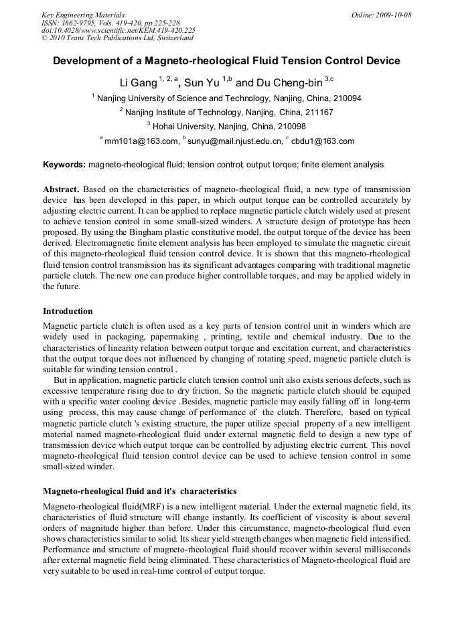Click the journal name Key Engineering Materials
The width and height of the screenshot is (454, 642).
pyautogui.click(x=83, y=15)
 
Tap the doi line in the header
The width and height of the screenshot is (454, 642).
pyautogui.click(x=118, y=30)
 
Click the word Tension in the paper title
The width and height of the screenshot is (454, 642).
pyautogui.click(x=301, y=61)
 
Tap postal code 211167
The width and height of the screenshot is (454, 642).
pyautogui.click(x=315, y=112)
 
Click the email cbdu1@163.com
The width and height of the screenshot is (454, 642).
pyautogui.click(x=323, y=141)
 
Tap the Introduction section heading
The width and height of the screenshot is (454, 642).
pyautogui.click(x=68, y=311)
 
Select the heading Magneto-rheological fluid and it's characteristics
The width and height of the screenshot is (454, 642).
pyautogui.click(x=139, y=491)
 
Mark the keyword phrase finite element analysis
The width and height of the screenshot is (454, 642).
pyautogui.click(x=342, y=164)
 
